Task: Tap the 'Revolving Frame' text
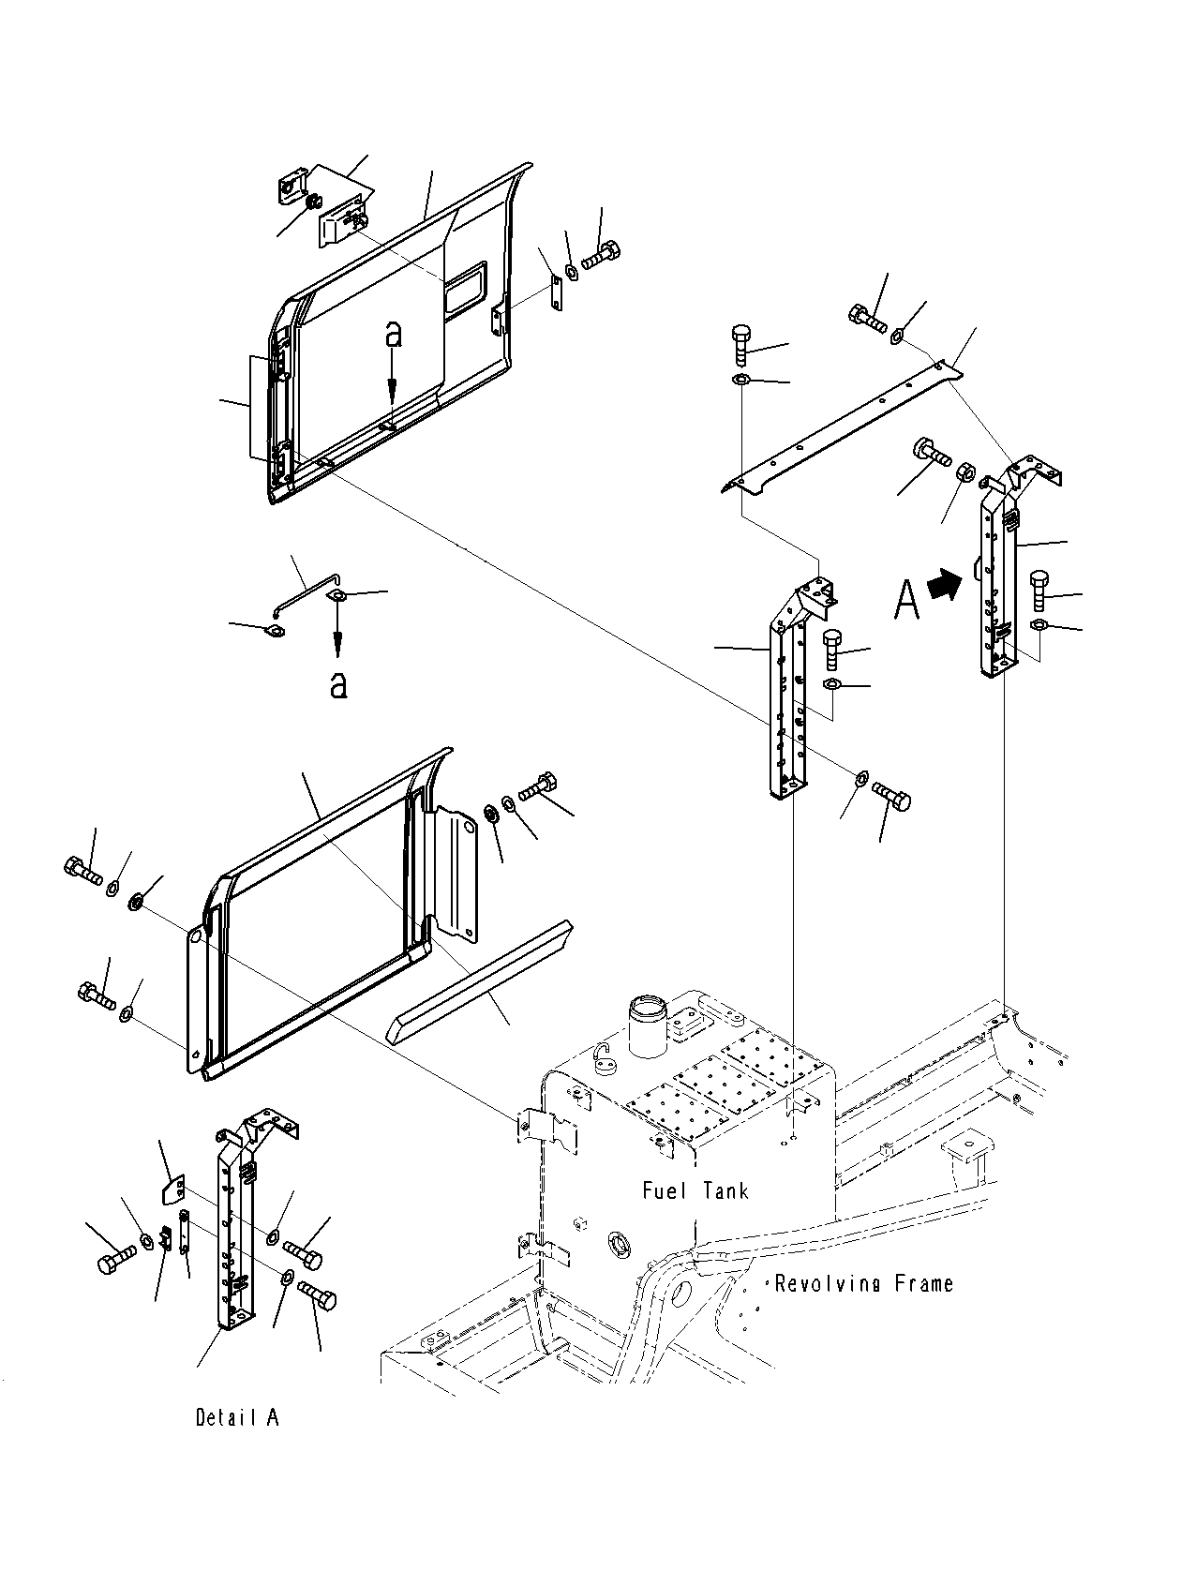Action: (864, 1283)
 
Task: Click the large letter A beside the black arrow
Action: (906, 599)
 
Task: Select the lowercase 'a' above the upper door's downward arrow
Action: (393, 335)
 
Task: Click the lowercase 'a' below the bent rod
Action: (337, 683)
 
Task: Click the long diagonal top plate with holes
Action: (841, 428)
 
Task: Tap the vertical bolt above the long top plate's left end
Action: (740, 346)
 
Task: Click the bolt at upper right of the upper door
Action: (601, 256)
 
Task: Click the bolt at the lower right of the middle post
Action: (891, 795)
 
